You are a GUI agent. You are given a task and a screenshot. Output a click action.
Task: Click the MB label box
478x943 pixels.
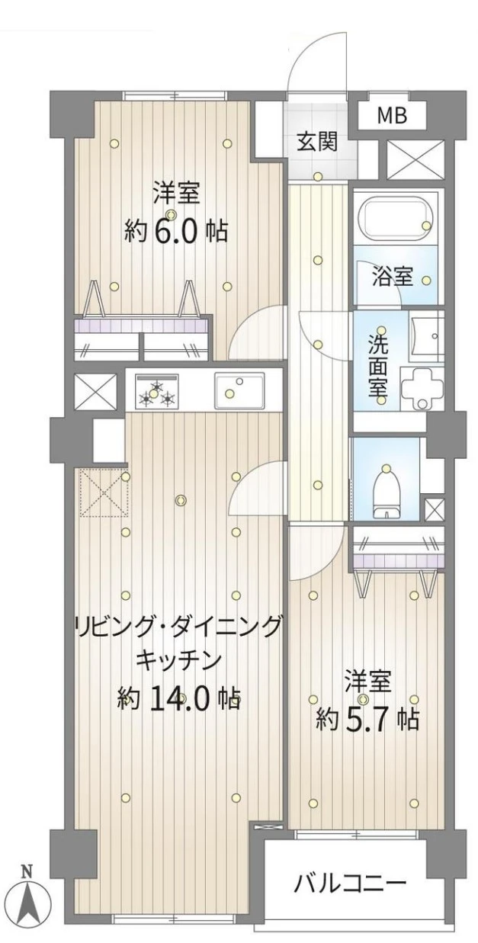(x=393, y=117)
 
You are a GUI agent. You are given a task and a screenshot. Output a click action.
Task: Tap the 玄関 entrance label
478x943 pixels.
(x=317, y=142)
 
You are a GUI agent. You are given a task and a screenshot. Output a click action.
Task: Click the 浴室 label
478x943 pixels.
(x=393, y=276)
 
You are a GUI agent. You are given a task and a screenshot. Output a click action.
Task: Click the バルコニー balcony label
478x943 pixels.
(x=350, y=884)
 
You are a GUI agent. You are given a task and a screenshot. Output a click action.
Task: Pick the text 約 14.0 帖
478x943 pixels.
(x=179, y=698)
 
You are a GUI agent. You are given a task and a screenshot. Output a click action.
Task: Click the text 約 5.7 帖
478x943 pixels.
(x=367, y=717)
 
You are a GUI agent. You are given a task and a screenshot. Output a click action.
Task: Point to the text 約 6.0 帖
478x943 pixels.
(x=176, y=229)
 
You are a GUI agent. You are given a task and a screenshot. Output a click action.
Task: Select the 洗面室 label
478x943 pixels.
(x=378, y=367)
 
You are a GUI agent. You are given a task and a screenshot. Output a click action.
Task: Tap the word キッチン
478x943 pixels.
(x=179, y=657)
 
